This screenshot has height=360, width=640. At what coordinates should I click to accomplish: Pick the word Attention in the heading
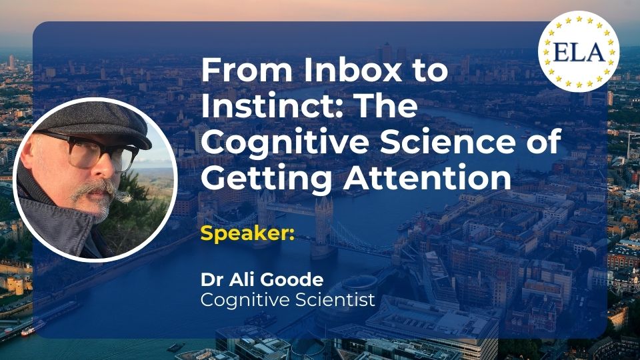427,178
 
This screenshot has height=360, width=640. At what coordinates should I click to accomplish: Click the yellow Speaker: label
247,233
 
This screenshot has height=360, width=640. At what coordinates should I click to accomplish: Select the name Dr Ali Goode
262,279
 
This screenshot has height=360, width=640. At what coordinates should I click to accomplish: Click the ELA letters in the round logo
579,52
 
